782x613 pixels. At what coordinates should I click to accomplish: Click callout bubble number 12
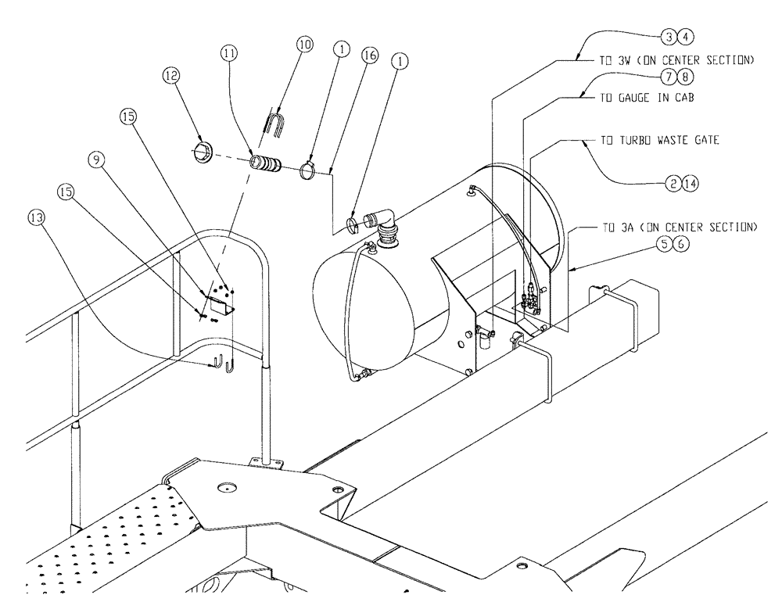(x=171, y=75)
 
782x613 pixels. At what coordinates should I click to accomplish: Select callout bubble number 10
(x=303, y=44)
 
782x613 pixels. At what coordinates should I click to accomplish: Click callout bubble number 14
(x=688, y=183)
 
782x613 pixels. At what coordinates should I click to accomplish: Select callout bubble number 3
(x=669, y=36)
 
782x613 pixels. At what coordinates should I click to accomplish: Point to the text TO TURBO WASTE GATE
(x=659, y=142)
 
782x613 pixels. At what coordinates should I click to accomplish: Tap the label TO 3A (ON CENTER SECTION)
(x=679, y=228)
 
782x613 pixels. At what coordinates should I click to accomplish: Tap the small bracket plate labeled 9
(x=221, y=302)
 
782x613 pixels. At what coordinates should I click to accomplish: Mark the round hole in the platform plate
(x=228, y=489)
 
